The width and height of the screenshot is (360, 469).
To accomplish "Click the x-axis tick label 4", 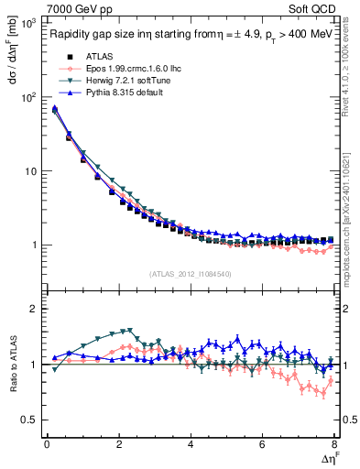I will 191,444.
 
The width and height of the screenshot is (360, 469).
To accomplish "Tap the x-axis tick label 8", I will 334,444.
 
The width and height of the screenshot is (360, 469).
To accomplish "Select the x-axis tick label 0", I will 47,444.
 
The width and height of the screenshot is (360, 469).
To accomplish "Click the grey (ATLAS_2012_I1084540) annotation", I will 191,273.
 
